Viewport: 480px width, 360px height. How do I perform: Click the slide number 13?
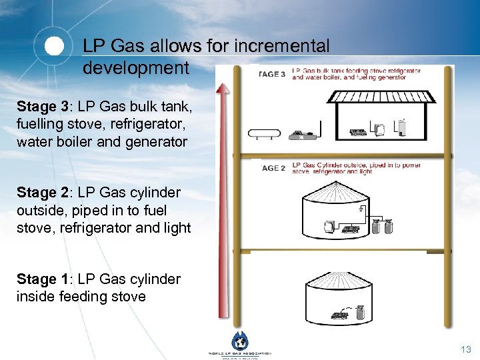click(x=466, y=349)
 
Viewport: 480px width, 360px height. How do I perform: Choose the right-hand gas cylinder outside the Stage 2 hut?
click(x=387, y=227)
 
